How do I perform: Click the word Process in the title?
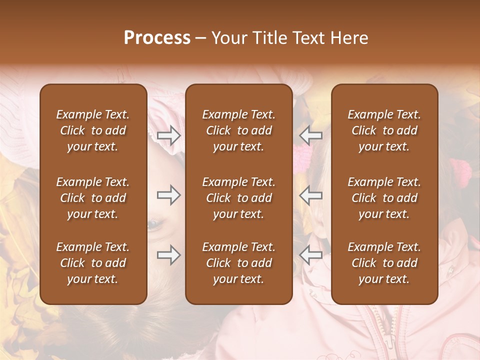157,38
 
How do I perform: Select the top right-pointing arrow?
169,135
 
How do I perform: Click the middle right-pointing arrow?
169,195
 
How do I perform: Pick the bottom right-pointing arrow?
169,255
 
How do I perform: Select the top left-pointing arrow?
311,135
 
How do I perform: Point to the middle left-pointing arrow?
311,195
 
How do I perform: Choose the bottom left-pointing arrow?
311,255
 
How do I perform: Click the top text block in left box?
93,130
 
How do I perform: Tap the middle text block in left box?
93,198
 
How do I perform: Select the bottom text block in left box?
93,263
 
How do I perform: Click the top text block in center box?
239,130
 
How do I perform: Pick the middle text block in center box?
239,198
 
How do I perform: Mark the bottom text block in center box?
239,263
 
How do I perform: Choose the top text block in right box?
384,130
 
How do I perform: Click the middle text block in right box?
384,198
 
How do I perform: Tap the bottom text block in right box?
384,263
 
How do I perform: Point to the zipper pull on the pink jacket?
388,342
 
